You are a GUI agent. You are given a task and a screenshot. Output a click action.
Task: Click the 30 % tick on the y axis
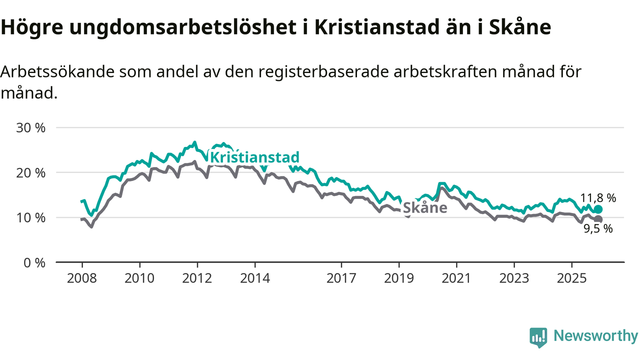point(31,127)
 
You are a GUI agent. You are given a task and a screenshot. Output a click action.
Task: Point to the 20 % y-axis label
point(31,172)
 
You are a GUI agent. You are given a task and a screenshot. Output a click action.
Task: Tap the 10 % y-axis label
point(31,217)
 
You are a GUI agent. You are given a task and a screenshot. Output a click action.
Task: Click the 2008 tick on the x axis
point(82,278)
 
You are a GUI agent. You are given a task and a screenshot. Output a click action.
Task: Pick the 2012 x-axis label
point(197,278)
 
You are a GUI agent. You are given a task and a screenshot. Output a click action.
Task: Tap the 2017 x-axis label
point(341,278)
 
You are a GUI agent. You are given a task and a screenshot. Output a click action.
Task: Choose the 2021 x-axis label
point(456,278)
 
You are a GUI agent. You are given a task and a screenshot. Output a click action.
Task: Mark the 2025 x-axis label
point(571,278)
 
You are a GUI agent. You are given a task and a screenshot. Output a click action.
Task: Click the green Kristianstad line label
point(254,157)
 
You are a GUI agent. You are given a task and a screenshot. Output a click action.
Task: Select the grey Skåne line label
point(424,207)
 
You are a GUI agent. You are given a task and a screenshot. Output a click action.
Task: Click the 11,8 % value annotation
point(598,198)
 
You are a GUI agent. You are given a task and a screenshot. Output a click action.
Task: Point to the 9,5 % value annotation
point(598,229)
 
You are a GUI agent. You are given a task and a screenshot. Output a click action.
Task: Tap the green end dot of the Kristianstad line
point(598,209)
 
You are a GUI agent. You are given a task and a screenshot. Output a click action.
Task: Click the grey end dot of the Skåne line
point(598,219)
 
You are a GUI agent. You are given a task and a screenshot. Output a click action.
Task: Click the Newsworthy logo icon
point(538,337)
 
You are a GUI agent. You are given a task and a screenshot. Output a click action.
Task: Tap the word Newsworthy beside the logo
point(595,336)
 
